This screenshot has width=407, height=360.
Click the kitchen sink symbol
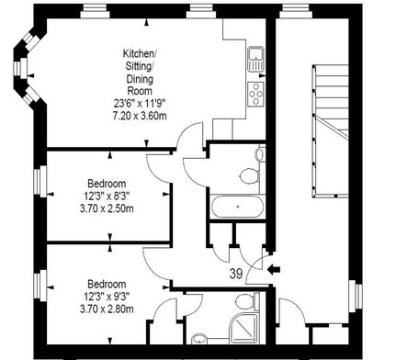tap(255, 59)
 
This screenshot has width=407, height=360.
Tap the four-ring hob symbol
tap(255, 94)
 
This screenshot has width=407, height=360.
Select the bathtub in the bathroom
tap(238, 207)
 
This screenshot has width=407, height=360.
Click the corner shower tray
tap(244, 329)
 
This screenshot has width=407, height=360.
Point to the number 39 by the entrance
tap(236, 274)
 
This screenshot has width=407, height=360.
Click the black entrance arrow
tap(274, 270)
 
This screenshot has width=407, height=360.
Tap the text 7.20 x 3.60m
tap(140, 116)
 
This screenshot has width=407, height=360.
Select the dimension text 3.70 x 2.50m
tap(107, 208)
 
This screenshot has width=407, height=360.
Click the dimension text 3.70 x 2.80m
tap(107, 309)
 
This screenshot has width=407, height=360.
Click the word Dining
tap(140, 79)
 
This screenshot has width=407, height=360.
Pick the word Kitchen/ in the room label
tap(140, 53)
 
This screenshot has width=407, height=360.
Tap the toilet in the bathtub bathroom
tap(250, 175)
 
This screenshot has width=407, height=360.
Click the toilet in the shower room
tap(246, 300)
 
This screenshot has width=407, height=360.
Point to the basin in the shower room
tap(199, 339)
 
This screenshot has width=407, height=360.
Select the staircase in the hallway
tap(331, 131)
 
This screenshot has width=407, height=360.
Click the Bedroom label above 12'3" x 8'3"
tap(107, 184)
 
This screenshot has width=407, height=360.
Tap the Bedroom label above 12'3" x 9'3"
tap(107, 284)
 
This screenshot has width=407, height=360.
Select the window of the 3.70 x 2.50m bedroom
tap(40, 181)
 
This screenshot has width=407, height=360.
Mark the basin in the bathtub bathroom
tap(260, 153)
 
